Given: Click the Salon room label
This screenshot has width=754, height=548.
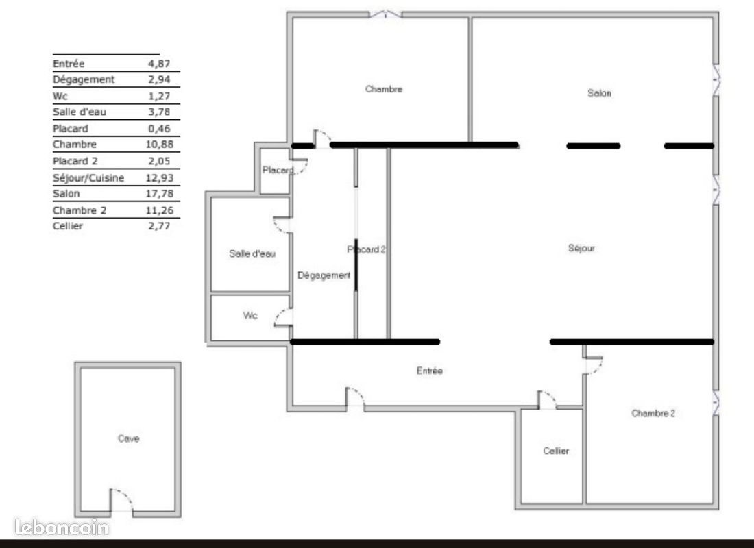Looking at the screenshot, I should [599, 93].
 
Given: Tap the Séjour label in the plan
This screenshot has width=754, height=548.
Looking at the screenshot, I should [581, 248].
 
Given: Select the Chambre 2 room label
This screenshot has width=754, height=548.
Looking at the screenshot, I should [653, 413].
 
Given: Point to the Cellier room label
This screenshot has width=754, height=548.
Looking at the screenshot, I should [556, 451].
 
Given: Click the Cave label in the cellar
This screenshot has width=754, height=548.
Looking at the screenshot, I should [128, 438].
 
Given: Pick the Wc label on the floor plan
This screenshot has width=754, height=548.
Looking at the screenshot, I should [250, 316].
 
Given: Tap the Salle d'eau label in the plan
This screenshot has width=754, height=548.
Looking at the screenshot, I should [252, 253].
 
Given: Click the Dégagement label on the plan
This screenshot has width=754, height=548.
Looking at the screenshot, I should [324, 275].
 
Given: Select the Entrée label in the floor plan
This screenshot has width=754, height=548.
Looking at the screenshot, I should [430, 371].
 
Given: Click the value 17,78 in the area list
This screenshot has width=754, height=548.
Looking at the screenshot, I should [159, 194].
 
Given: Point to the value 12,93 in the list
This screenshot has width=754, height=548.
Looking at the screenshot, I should [159, 177].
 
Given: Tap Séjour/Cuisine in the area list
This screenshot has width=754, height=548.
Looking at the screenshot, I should [88, 177].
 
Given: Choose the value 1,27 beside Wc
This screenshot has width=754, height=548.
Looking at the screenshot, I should [159, 96].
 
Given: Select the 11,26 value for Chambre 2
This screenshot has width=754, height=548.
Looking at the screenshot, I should [159, 210].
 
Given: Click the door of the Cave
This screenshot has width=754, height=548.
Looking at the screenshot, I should [121, 503].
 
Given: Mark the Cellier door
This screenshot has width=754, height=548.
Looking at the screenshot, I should [547, 401].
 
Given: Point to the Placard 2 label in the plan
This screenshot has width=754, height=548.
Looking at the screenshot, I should [367, 250].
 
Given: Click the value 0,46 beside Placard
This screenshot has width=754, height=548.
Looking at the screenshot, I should [159, 128].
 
